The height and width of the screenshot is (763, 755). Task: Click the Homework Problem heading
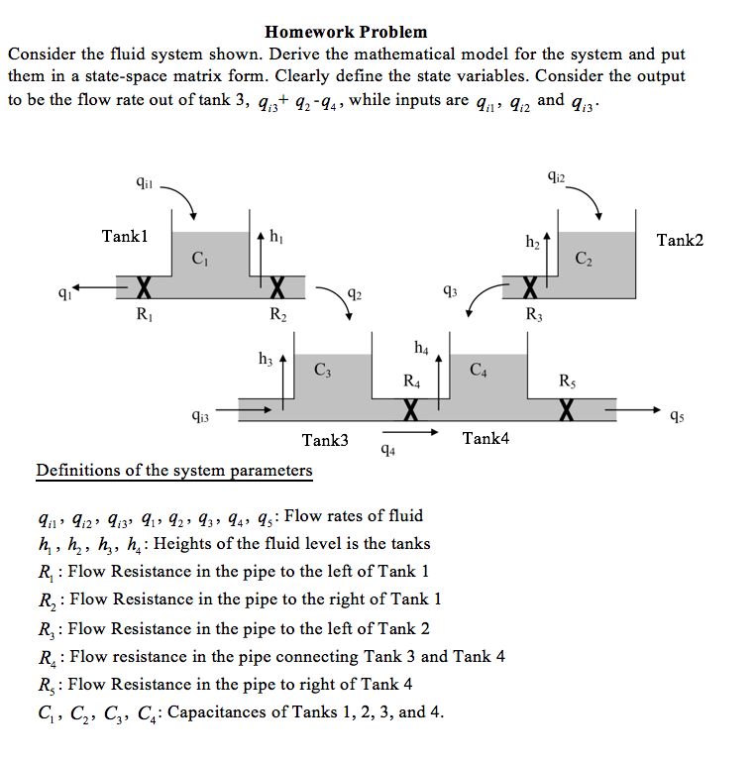tap(346, 33)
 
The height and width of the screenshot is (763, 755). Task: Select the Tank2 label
tap(680, 240)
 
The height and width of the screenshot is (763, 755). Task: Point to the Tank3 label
tap(324, 440)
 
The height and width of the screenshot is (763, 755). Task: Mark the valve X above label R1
tap(143, 288)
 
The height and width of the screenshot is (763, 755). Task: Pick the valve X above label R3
tap(530, 288)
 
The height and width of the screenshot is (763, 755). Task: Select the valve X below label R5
tap(566, 407)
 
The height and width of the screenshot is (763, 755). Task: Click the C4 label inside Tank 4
tap(479, 372)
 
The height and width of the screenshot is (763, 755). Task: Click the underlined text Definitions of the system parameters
tap(173, 470)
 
